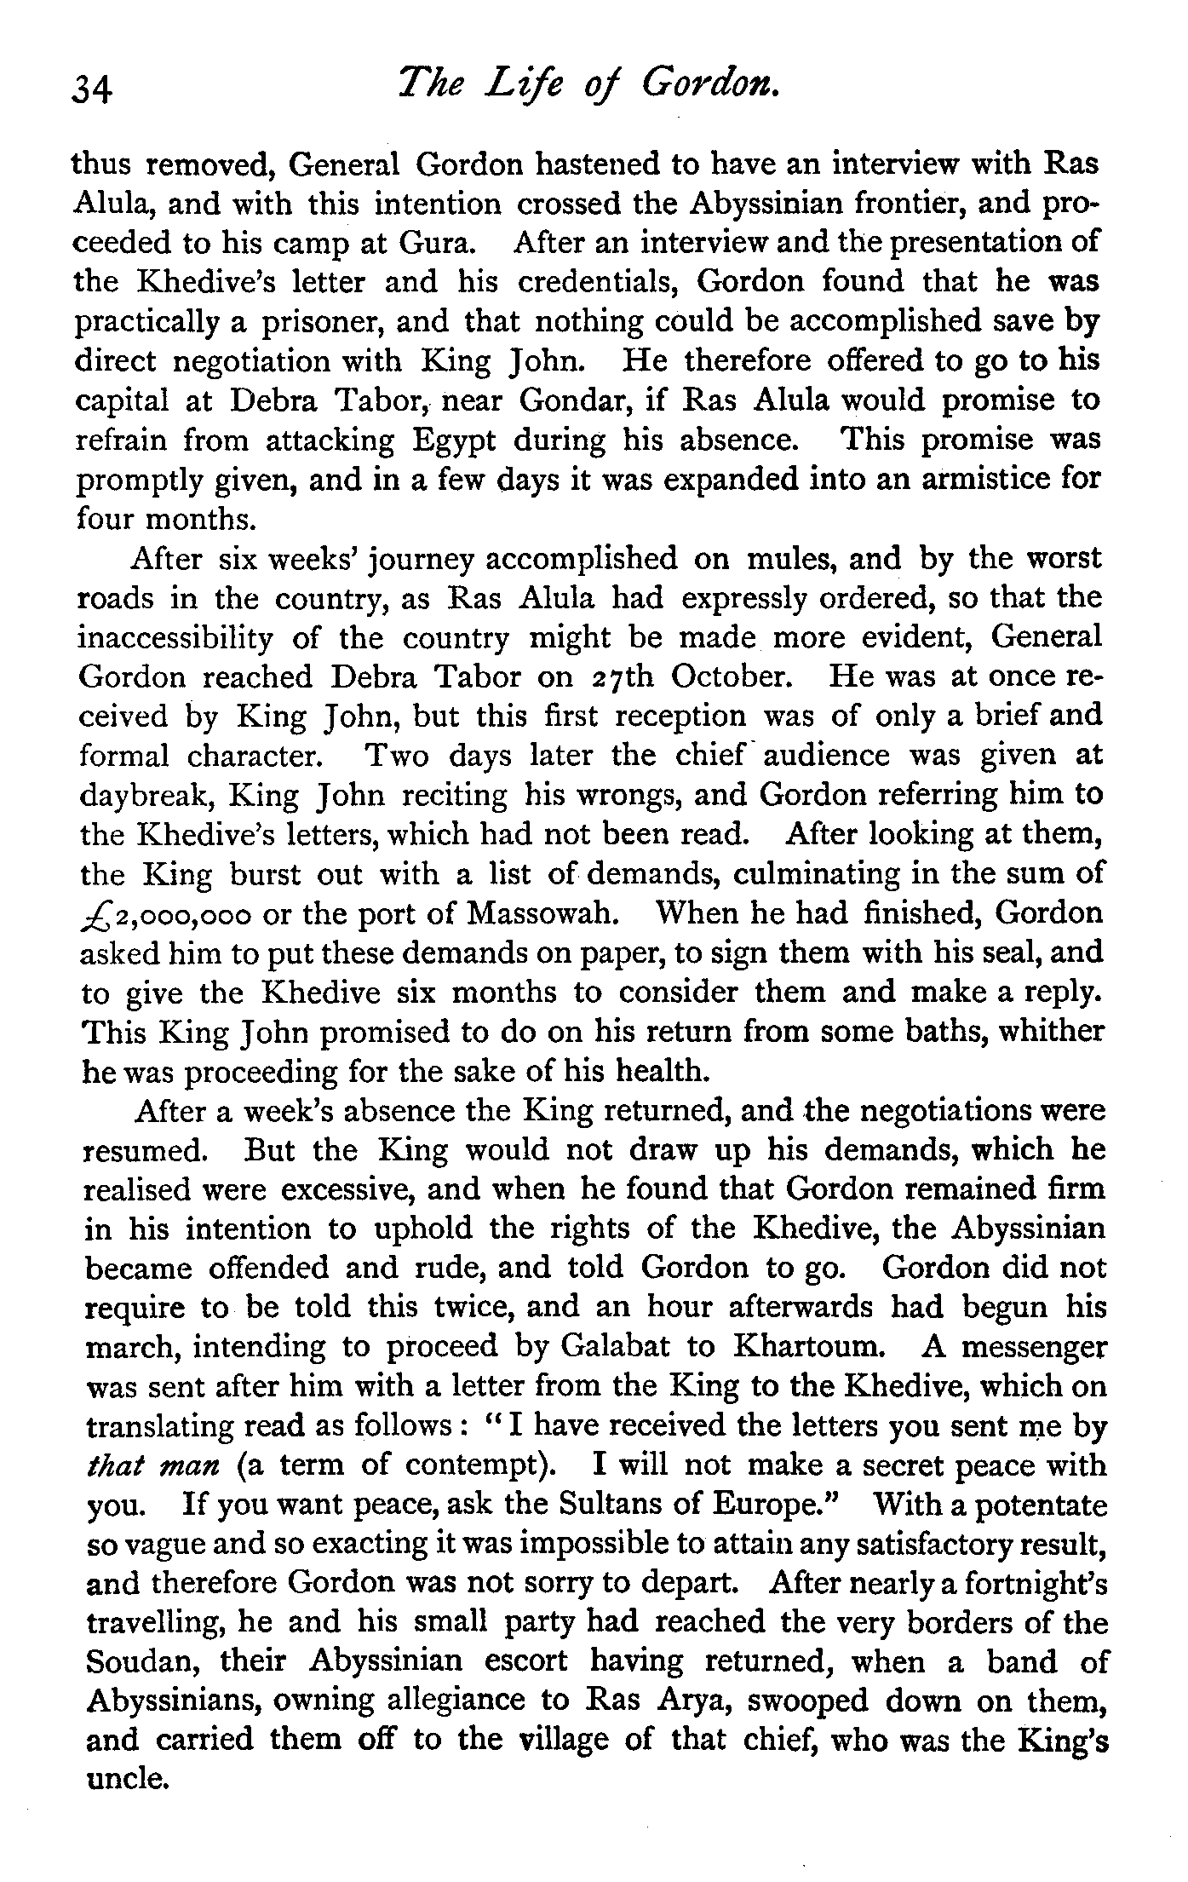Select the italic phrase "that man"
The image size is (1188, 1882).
coord(154,1466)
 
